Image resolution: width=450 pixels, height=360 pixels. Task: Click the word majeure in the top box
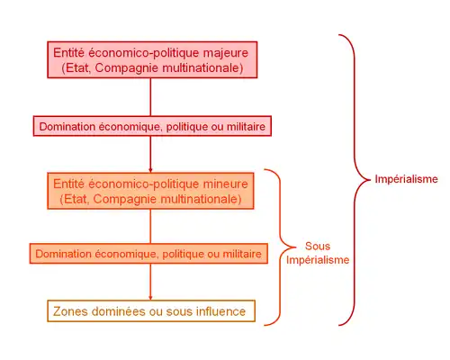point(226,53)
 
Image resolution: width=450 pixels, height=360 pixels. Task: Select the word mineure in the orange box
point(226,184)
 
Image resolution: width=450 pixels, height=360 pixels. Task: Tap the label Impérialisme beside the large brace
point(406,179)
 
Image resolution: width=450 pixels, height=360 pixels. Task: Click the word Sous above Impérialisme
point(318,247)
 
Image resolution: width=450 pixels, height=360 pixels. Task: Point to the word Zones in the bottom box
point(70,311)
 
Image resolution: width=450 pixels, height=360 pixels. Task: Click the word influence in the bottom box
point(220,311)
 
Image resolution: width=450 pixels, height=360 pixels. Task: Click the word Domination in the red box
point(67,127)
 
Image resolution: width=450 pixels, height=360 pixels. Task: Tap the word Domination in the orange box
point(64,254)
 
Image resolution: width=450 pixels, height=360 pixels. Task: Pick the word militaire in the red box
point(246,127)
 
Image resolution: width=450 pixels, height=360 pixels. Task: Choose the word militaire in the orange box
point(242,254)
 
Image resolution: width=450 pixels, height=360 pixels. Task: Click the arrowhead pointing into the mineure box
point(150,170)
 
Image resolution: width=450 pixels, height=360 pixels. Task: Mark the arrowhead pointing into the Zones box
point(150,298)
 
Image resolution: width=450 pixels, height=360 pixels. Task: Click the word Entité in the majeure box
point(69,53)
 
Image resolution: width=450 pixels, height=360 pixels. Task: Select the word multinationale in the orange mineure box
point(202,199)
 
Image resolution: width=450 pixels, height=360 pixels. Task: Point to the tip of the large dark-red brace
point(371,180)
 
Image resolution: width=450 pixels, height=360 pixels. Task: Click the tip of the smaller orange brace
point(295,247)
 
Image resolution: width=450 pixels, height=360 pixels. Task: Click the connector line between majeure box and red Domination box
point(150,97)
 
